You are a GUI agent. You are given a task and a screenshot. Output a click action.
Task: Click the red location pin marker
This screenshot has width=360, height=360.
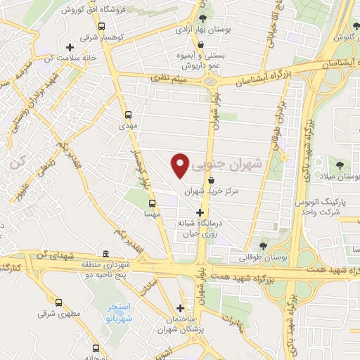click(181, 165)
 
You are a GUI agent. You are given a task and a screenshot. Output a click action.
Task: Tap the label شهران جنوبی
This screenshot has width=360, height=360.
click(230, 163)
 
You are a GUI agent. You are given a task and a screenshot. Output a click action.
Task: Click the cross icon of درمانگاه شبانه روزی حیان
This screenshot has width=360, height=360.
click(200, 212)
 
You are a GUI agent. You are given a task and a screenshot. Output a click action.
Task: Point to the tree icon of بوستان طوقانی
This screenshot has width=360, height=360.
click(263, 246)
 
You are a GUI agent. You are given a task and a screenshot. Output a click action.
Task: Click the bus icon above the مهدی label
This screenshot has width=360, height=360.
click(128, 115)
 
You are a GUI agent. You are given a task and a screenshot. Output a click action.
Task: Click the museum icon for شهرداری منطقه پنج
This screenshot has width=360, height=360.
click(105, 254)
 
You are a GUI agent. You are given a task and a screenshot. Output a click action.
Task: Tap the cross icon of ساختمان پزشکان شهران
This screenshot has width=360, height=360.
click(181, 307)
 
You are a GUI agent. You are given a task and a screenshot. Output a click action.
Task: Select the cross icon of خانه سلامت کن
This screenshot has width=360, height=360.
click(69, 47)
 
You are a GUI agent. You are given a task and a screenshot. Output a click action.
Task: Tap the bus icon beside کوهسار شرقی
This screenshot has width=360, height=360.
click(103, 26)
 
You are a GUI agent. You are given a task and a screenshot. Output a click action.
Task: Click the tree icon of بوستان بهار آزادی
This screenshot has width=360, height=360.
click(203, 18)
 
